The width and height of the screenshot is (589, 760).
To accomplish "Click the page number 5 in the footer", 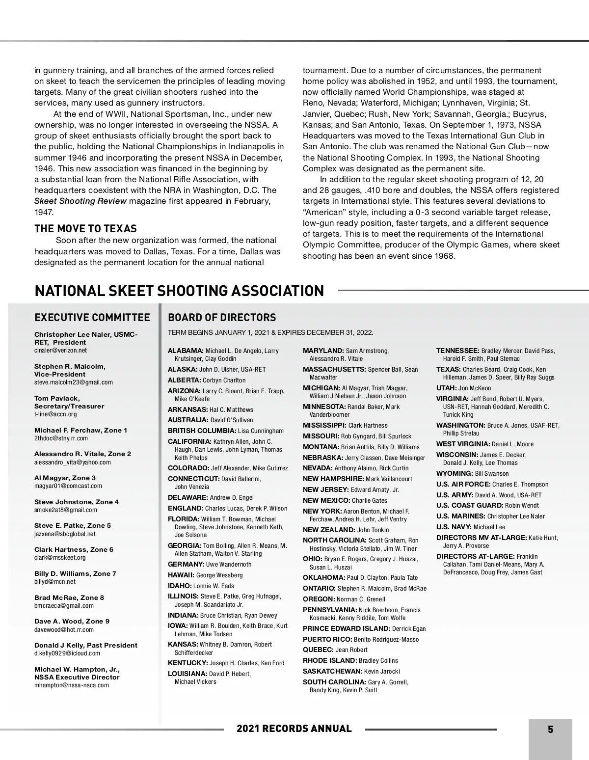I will [550, 730].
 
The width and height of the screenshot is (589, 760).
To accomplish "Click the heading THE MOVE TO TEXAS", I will [85, 228].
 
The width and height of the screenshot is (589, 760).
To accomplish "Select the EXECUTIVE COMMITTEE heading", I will [92, 318].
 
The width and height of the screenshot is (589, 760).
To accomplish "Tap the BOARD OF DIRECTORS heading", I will [222, 318].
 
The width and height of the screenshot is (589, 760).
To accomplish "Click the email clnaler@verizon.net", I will [60, 351].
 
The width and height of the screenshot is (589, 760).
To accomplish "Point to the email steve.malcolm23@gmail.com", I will [74, 382].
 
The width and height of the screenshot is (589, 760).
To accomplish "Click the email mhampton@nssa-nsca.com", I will [72, 685].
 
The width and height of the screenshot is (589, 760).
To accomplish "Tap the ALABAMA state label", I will [186, 351].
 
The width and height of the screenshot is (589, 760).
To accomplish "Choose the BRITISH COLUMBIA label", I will [202, 431].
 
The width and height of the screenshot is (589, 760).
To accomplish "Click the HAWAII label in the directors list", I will [181, 575].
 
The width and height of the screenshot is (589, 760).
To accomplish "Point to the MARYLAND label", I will [323, 351].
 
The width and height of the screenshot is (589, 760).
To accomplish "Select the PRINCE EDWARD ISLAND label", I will [347, 628].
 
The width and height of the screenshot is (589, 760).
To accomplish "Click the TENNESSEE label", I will [458, 351].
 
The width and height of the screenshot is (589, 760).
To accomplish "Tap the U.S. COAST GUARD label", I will [470, 505].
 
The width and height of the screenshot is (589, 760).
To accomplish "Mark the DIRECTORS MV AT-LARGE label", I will [482, 538].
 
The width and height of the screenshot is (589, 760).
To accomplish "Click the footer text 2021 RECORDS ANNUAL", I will [294, 729].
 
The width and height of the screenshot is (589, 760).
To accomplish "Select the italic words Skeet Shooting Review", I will [80, 201].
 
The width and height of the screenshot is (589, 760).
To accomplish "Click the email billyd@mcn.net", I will [55, 582].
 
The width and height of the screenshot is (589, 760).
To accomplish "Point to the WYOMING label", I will [455, 473].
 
